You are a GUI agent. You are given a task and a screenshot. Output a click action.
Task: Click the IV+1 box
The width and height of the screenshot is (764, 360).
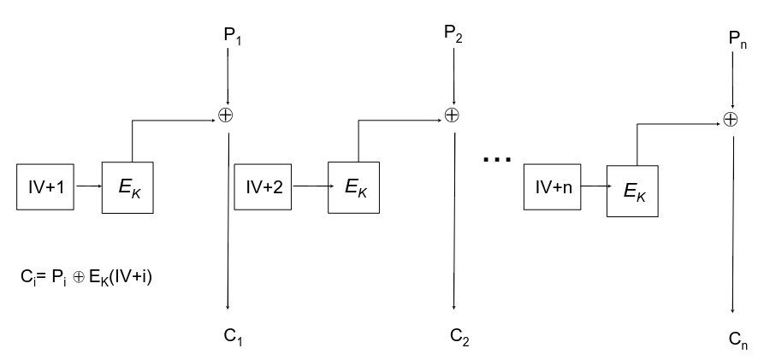point(45,184)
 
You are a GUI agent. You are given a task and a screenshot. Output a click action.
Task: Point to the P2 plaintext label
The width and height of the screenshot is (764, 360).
point(453,35)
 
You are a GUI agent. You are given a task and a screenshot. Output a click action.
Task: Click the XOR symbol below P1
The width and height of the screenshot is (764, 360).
point(227,115)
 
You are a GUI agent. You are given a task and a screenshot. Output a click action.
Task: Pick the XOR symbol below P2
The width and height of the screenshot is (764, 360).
point(452,115)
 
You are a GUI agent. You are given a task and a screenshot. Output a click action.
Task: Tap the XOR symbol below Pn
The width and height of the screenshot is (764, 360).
point(730,120)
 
